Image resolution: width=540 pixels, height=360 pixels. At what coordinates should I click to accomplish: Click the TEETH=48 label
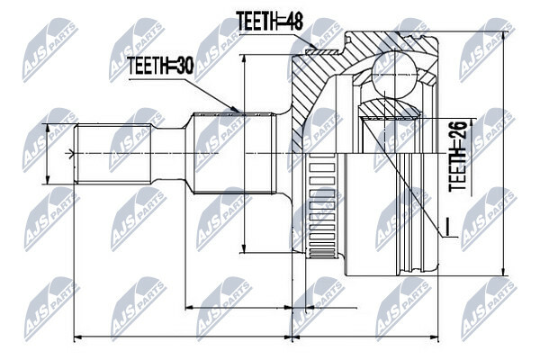269,21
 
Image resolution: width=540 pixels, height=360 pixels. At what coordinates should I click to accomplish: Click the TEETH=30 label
160,66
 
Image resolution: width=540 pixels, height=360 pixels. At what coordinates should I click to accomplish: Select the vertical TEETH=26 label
458,156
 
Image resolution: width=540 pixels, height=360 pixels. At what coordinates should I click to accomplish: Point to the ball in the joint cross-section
393,74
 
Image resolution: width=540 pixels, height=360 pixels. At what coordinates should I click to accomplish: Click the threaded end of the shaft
113,153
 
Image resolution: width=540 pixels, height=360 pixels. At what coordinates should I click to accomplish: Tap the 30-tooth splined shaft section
236,153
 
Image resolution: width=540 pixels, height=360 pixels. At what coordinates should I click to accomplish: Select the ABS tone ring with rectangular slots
322,206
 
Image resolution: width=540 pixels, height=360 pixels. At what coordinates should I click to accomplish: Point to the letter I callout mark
446,228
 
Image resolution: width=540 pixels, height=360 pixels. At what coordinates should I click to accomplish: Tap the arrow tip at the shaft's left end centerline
72,154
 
